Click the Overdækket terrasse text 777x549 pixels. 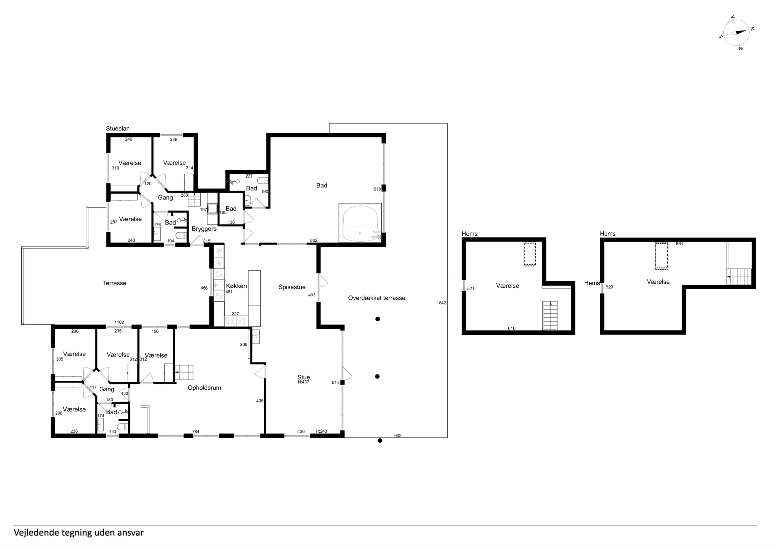pos(376,298)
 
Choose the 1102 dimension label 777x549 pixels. pos(119,322)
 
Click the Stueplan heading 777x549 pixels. pos(118,129)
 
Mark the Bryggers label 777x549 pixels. pos(204,229)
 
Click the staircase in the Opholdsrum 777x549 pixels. pos(184,373)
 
